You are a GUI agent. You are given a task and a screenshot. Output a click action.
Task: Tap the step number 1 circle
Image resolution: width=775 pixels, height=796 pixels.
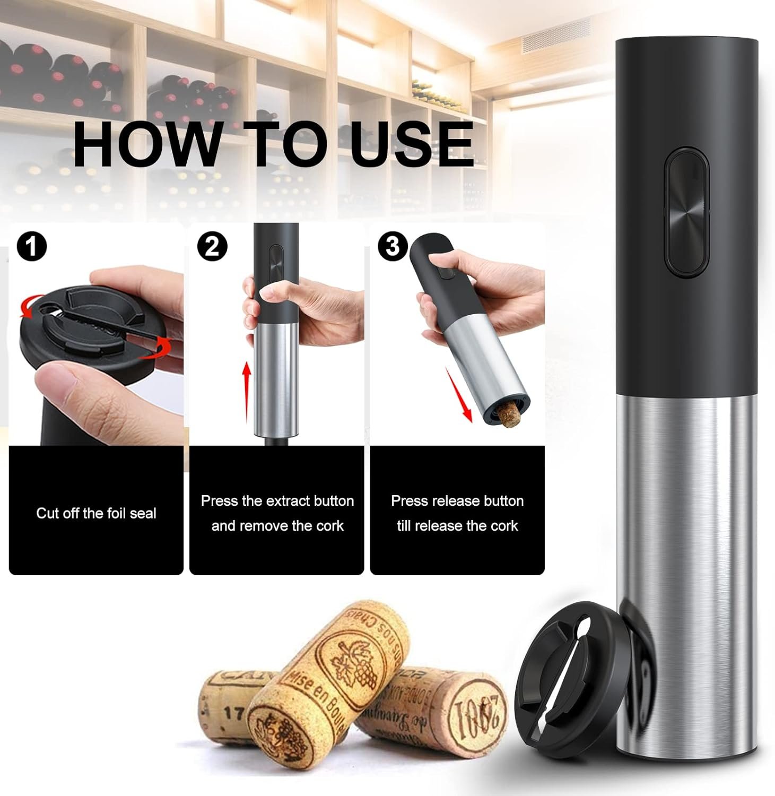32,247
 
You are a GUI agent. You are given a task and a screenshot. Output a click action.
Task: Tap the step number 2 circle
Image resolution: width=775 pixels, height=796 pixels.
212,247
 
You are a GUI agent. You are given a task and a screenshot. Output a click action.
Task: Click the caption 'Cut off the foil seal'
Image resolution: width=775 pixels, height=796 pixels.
96,513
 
